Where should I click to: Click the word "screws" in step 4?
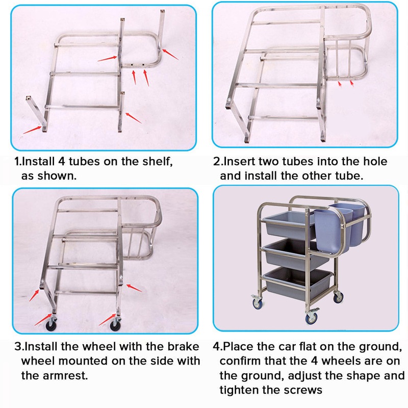(x=306, y=390)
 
